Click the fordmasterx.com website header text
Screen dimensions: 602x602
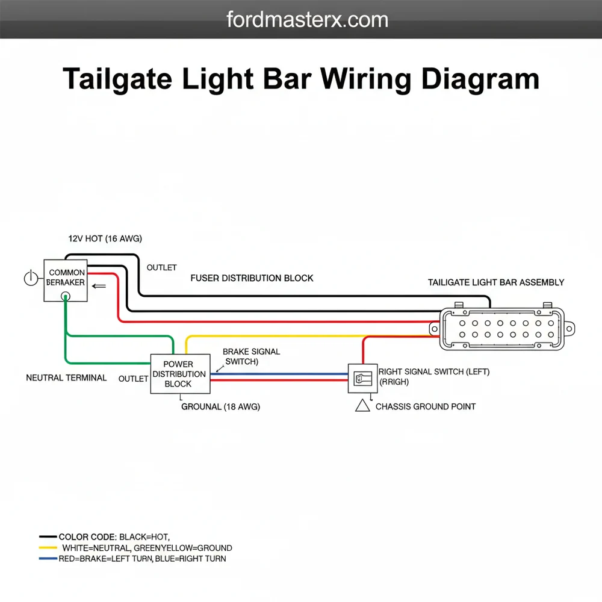[307, 20]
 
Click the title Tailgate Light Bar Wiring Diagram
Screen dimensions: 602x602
[301, 79]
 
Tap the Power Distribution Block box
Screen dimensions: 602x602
[180, 374]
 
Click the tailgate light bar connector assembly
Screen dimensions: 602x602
[501, 329]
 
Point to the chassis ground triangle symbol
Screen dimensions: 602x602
[363, 406]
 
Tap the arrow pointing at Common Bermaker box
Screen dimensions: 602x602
[98, 287]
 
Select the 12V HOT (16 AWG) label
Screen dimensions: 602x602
[105, 239]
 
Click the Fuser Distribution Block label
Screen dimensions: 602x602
[252, 278]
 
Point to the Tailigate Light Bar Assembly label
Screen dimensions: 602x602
[496, 282]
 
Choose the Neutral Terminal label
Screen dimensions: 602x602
[66, 378]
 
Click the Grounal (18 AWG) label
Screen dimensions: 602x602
[220, 407]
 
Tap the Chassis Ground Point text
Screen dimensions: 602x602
[425, 407]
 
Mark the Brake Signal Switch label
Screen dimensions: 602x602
[250, 356]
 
